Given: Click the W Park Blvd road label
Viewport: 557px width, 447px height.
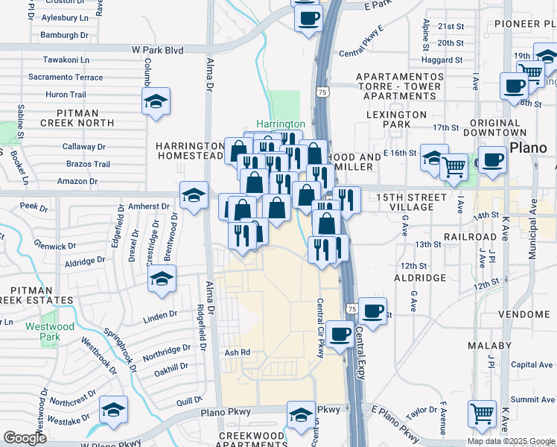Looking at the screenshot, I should click(157, 50).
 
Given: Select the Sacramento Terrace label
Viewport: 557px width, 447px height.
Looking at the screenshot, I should click(66, 77).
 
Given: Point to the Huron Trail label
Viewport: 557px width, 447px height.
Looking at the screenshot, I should click(66, 95).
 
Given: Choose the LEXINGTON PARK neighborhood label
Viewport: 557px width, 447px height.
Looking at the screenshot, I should click(397, 119).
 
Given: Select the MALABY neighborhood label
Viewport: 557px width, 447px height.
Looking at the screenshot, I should click(490, 346).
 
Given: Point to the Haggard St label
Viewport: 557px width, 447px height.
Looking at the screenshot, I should click(442, 60).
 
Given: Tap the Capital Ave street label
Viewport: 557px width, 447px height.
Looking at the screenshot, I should click(532, 365).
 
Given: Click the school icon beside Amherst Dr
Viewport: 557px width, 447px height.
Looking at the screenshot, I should click(194, 197).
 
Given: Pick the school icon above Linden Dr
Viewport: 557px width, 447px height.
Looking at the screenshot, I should click(161, 279).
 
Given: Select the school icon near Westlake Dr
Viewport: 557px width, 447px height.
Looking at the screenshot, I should click(113, 409).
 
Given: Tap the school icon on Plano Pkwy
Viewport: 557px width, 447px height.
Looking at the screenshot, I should click(301, 414).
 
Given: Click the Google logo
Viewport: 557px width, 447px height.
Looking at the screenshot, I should click(25, 438).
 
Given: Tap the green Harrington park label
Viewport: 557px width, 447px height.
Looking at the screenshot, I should click(281, 124).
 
